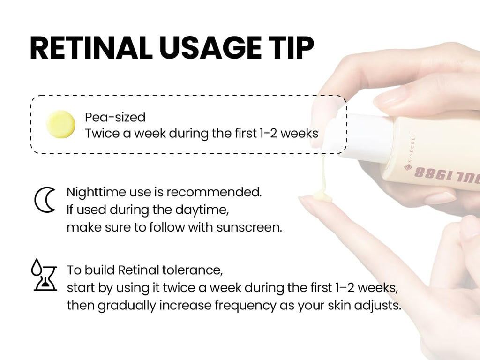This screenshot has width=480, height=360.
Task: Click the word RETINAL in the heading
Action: [x=89, y=48]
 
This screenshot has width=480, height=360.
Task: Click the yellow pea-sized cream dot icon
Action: [x=60, y=124]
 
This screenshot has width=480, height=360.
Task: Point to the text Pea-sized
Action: [x=115, y=117]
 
